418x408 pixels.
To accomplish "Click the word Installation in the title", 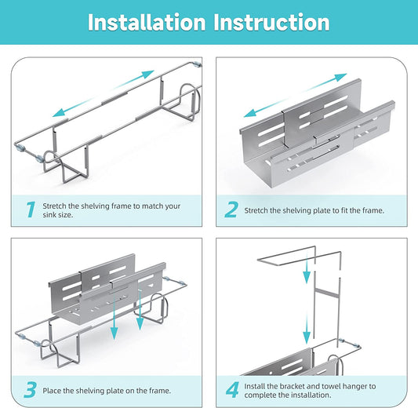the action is point(147,23).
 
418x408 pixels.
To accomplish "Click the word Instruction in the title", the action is point(271,23).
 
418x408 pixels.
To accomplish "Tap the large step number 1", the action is point(31,209).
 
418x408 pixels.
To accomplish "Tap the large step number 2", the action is point(231,209).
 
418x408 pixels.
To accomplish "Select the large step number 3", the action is point(30,390).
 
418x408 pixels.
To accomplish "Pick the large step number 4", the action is point(232,390).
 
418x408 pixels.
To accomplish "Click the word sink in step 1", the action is point(49,215).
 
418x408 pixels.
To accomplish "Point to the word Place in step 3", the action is point(52,391).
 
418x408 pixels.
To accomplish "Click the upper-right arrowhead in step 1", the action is point(147,74).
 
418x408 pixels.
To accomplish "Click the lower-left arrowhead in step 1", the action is point(59,113).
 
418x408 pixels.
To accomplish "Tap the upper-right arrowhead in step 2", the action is point(340,77).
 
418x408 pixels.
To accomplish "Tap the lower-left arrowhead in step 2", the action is point(250,113).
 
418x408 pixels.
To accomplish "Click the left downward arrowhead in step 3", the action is point(114,333).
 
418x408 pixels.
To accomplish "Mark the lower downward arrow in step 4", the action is point(307,329).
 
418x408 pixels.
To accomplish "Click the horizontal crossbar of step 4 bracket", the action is point(326,291).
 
